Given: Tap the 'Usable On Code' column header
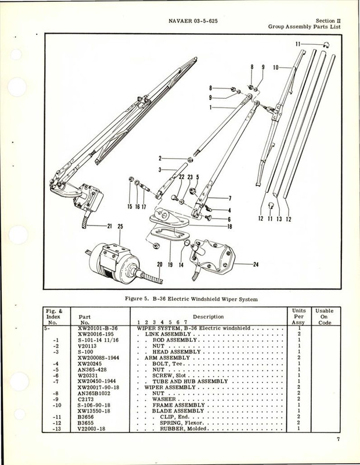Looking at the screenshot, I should pos(328,317).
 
